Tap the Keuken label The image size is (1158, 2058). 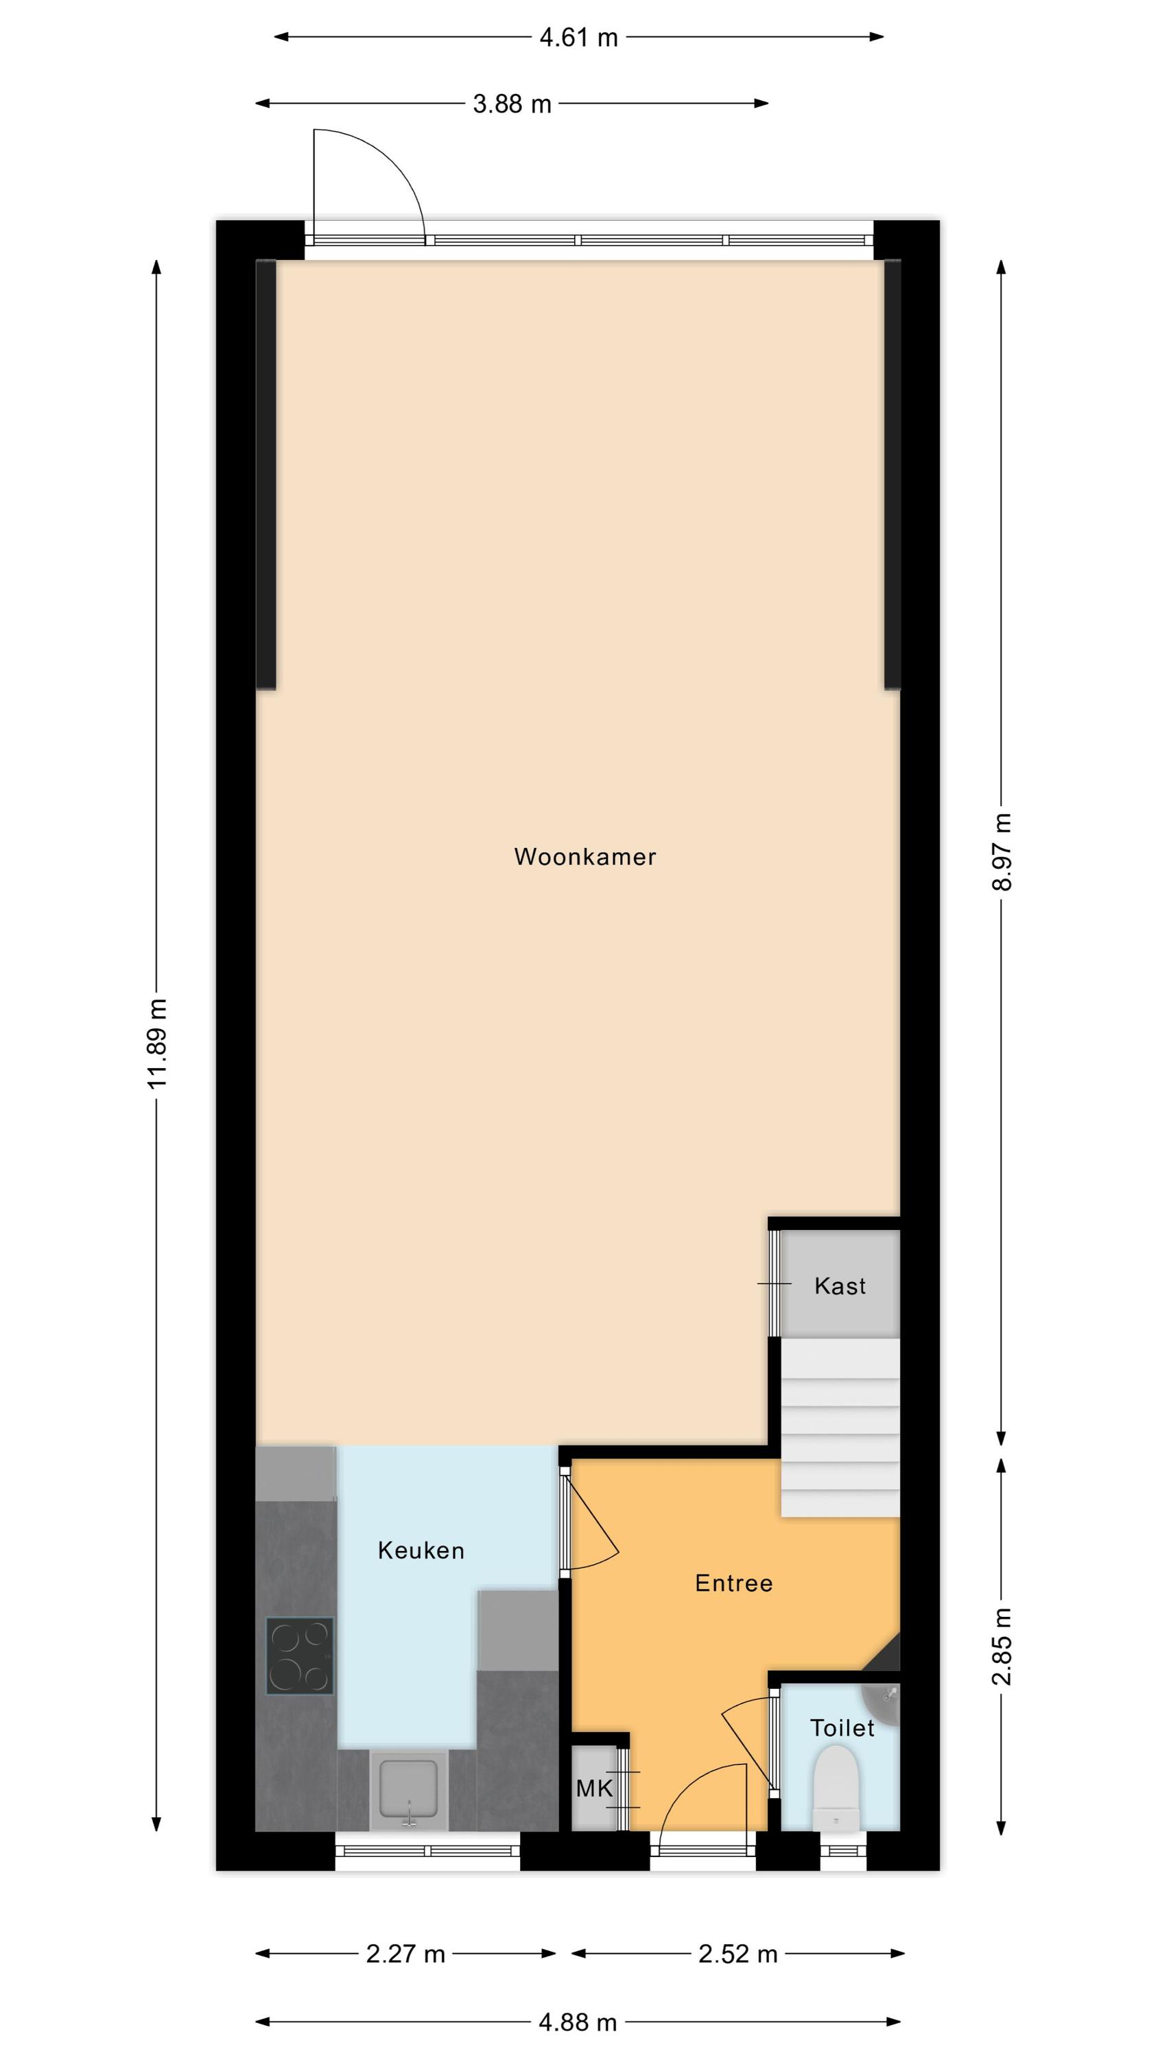(x=421, y=1550)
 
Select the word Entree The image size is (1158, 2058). (x=733, y=1583)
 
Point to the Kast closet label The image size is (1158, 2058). (x=840, y=1286)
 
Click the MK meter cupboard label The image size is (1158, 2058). (x=595, y=1788)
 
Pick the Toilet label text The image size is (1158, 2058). (x=842, y=1728)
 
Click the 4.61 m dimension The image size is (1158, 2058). (x=578, y=38)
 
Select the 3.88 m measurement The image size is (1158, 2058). (x=512, y=104)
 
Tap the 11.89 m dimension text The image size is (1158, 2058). (x=157, y=1043)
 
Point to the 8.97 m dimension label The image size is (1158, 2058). (x=1002, y=851)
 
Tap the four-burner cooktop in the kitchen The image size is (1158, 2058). (x=300, y=1656)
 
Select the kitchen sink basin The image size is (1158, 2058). (x=409, y=1791)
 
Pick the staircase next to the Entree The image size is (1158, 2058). (x=840, y=1428)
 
